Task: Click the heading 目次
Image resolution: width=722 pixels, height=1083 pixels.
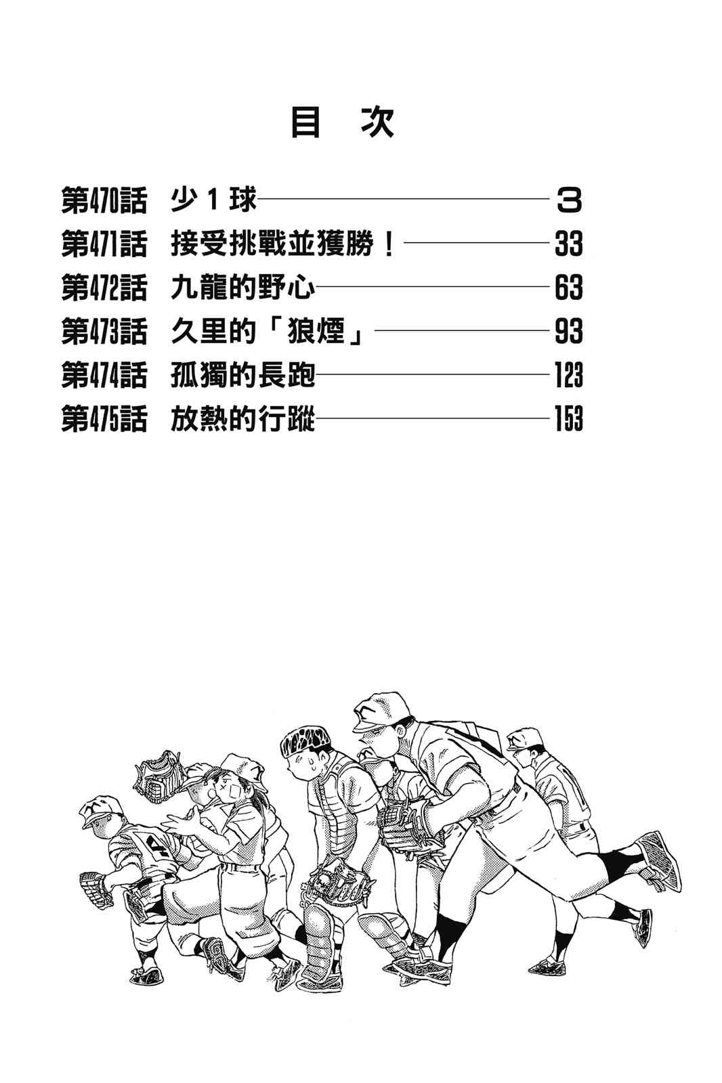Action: tap(342, 123)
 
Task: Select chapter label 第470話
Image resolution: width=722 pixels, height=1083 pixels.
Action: tap(104, 201)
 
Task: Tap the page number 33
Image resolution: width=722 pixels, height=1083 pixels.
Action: tap(568, 244)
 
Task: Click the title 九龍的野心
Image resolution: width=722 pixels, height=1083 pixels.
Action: tap(242, 288)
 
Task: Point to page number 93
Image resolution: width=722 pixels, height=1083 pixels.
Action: tap(568, 332)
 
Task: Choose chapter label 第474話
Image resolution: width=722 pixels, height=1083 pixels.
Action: tap(104, 376)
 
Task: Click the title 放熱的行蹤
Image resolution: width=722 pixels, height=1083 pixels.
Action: tap(242, 419)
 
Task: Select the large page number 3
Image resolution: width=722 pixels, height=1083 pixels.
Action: tap(568, 201)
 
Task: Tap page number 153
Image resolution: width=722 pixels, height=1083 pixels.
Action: tap(568, 419)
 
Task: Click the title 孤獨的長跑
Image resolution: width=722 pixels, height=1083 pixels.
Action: tap(242, 376)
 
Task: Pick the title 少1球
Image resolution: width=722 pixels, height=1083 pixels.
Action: tap(214, 201)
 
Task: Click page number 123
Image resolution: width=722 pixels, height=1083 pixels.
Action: tap(568, 376)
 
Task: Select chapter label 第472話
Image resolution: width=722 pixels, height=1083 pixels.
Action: tap(104, 288)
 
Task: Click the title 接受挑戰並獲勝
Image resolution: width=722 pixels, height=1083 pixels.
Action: tap(281, 244)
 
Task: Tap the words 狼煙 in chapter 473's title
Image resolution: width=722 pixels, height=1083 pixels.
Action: tap(316, 332)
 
